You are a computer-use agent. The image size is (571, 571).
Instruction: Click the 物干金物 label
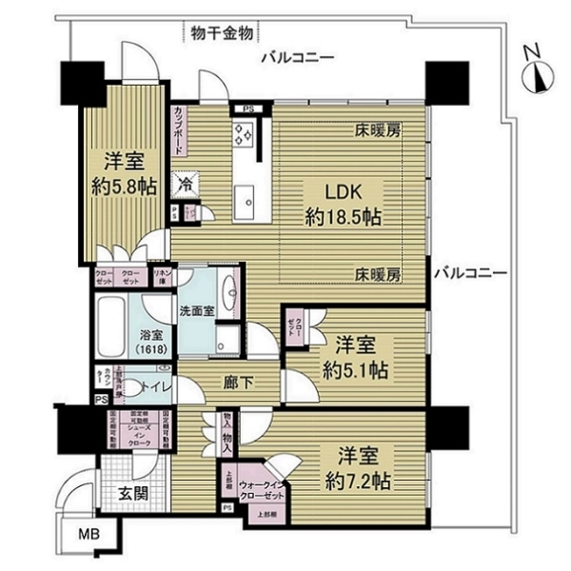(x=221, y=33)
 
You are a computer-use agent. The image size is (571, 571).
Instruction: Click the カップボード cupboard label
(x=178, y=134)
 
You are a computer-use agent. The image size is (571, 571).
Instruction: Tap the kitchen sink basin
(x=249, y=198)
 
